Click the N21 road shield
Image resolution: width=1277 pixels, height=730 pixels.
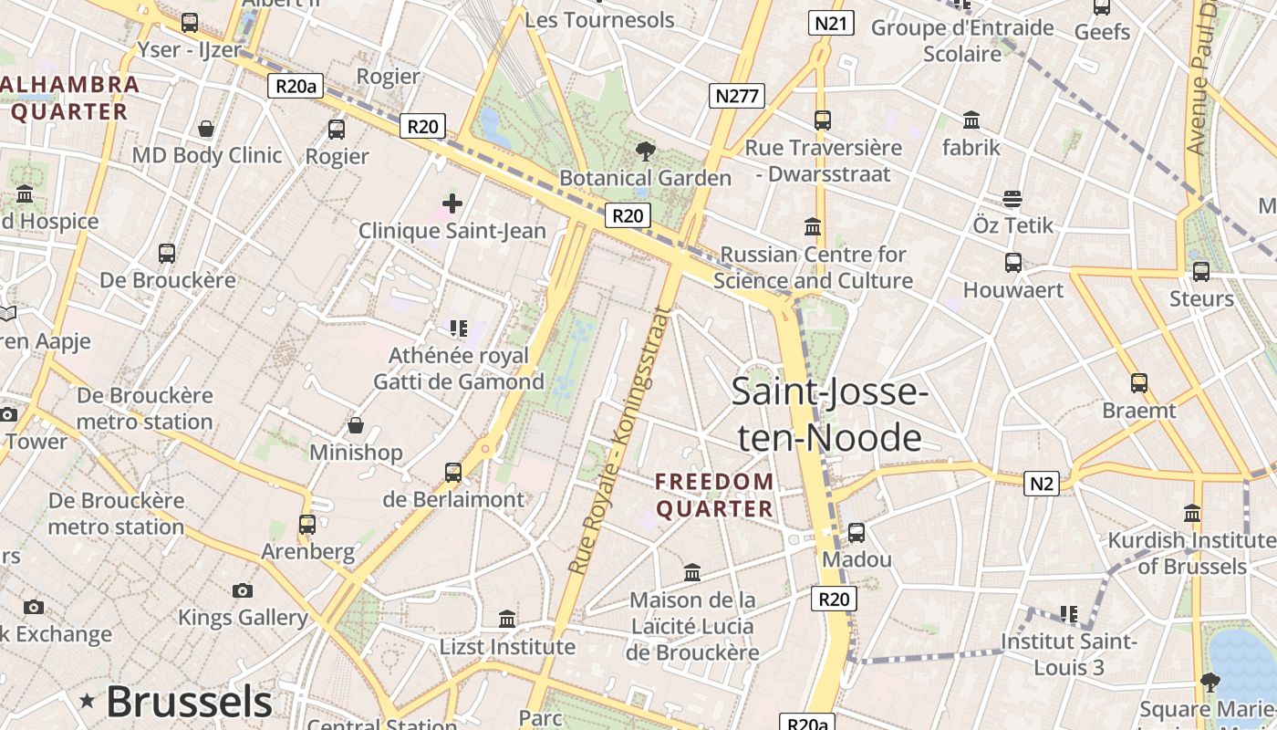[x=830, y=24]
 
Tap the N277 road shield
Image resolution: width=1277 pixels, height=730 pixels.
[x=736, y=96]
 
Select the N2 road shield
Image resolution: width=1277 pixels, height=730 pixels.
[x=1041, y=484]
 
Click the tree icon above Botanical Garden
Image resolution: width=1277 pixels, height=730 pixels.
[x=646, y=151]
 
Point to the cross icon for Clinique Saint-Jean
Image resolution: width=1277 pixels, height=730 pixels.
[x=452, y=203]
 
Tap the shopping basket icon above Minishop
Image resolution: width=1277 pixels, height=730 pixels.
[x=356, y=425]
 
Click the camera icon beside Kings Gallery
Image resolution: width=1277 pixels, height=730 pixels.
[x=242, y=590]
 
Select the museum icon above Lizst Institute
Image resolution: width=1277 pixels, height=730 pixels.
[x=507, y=620]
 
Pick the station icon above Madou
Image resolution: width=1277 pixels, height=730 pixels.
[x=856, y=532]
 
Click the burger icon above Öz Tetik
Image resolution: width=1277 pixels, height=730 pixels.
[x=1012, y=198]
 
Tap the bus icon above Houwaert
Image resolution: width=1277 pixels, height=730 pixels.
[x=1012, y=263]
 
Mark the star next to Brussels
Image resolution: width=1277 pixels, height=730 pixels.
[x=88, y=701]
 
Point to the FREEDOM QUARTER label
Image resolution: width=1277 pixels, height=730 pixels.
[x=715, y=495]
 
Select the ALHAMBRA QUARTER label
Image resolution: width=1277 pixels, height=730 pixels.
[x=71, y=99]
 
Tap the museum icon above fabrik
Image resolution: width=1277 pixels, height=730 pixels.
[x=971, y=120]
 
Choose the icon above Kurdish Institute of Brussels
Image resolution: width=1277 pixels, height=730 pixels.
[x=1191, y=513]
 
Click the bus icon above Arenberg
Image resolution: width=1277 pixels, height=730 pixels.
[x=307, y=525]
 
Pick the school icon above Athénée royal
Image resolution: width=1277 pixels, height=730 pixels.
[x=458, y=328]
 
